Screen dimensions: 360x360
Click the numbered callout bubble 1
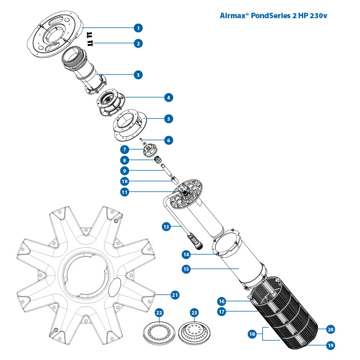click(138, 28)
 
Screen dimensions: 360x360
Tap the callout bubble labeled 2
click(138, 44)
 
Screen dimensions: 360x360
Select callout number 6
click(169, 140)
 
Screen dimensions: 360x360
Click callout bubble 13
click(167, 225)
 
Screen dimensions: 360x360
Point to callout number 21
click(175, 295)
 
